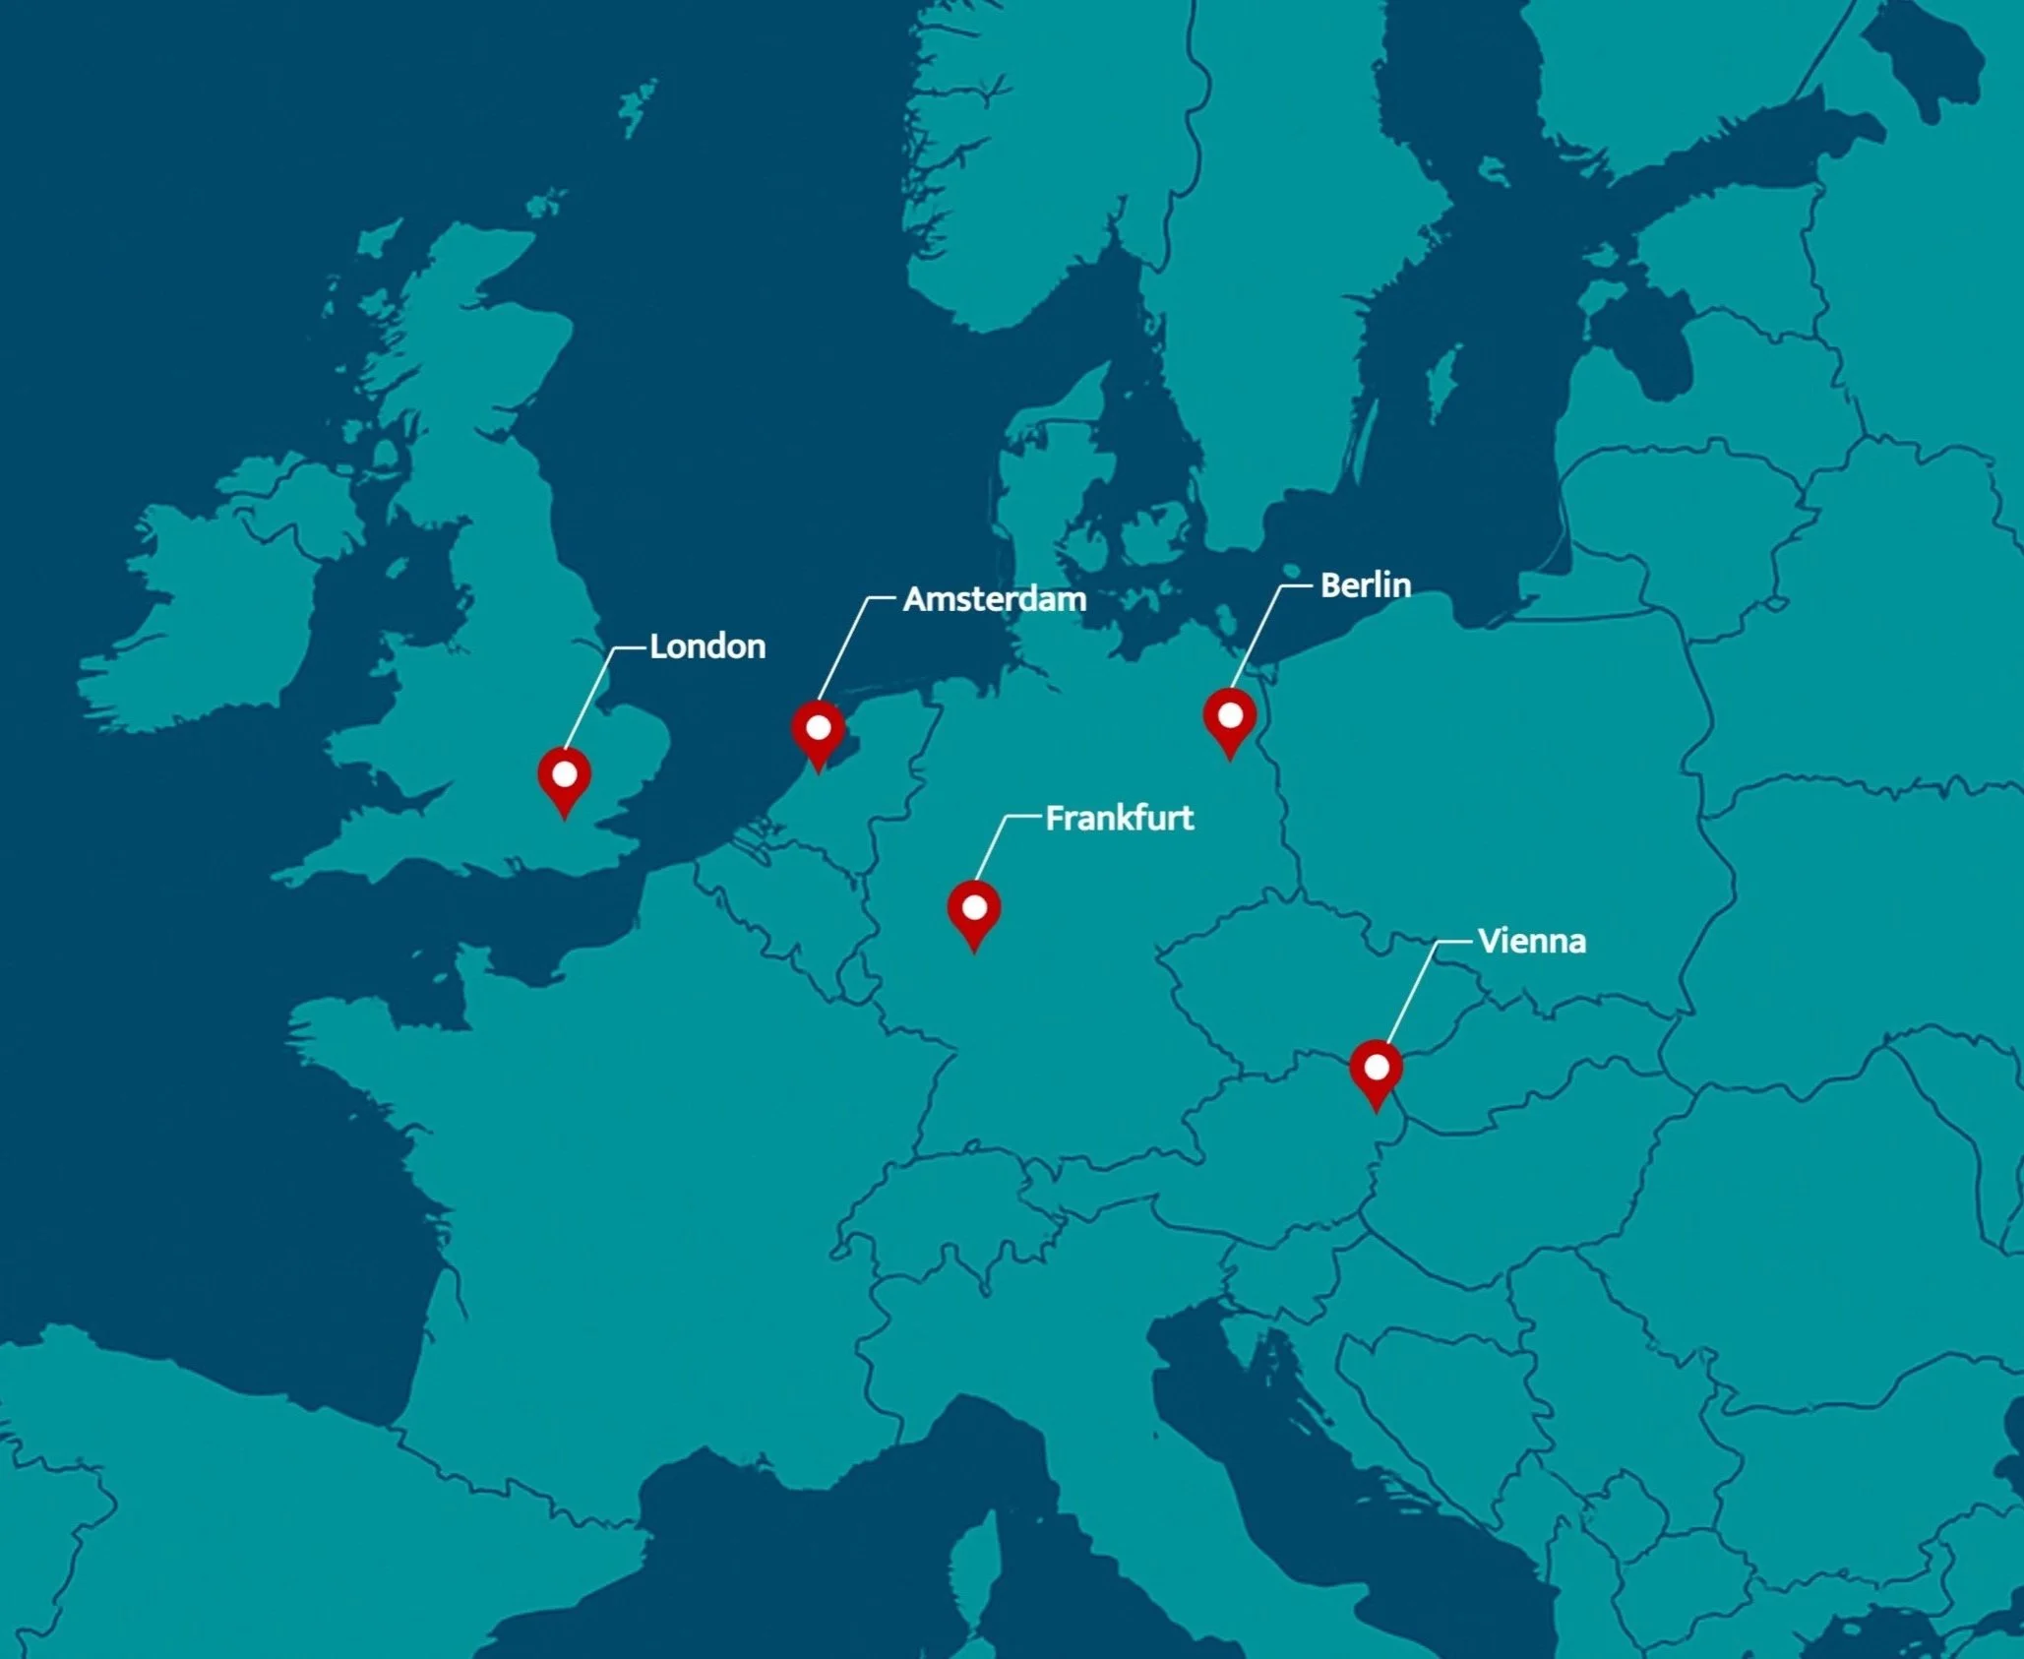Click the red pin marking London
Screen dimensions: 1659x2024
[564, 776]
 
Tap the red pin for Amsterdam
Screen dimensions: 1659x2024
[818, 730]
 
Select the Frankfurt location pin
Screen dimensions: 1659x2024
[973, 910]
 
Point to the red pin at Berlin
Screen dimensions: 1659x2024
[1229, 717]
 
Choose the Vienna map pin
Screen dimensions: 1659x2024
[1376, 1070]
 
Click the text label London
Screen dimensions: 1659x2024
[707, 646]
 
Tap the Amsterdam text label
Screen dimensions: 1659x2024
[995, 599]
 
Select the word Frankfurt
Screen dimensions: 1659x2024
[1119, 818]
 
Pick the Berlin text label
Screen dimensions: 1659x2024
[1365, 585]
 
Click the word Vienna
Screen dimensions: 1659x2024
[1531, 942]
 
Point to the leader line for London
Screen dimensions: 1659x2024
[588, 698]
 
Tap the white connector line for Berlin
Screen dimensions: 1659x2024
[1256, 634]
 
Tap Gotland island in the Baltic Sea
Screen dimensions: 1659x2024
[1442, 379]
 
